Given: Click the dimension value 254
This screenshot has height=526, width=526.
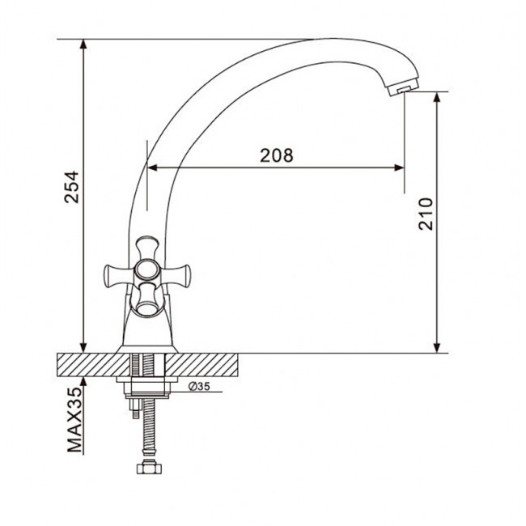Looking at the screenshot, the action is click(x=71, y=187).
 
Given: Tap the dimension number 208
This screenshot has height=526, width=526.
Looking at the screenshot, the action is click(x=277, y=155).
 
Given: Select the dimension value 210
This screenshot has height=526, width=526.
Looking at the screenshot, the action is click(x=426, y=214).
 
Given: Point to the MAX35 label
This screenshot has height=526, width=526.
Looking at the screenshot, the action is click(x=74, y=419).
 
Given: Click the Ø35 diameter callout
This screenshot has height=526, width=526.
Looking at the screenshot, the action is click(x=199, y=387).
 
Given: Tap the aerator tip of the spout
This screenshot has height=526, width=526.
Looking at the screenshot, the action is click(x=401, y=87).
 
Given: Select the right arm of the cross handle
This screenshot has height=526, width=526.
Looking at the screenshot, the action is click(x=177, y=276).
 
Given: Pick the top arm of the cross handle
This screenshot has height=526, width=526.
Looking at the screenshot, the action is click(x=147, y=248).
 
